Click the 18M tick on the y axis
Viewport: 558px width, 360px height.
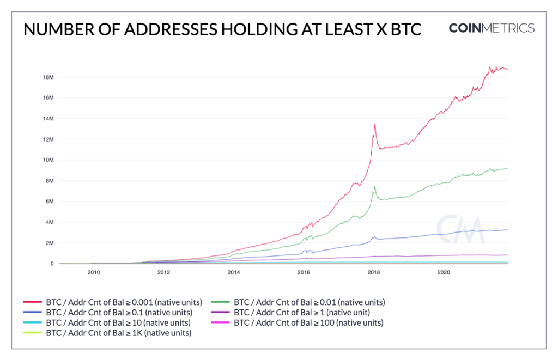click(47, 77)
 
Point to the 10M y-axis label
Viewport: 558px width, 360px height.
click(47, 160)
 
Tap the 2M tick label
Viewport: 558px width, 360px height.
click(48, 243)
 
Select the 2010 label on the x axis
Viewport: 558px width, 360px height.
click(93, 272)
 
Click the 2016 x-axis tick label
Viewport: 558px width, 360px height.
click(304, 272)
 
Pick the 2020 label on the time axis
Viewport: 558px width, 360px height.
click(444, 272)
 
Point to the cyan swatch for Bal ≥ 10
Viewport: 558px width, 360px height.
click(33, 322)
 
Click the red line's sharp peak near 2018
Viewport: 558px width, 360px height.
click(374, 125)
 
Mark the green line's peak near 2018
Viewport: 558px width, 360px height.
click(374, 187)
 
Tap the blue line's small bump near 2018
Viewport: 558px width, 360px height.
click(374, 237)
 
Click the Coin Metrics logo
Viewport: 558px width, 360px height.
click(492, 28)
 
